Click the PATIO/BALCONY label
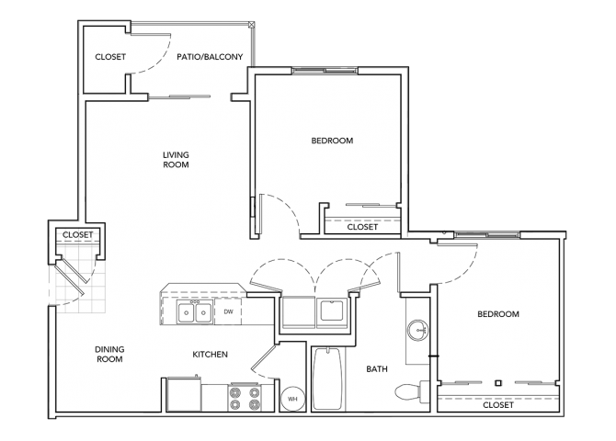click(210, 57)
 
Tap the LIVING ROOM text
click(176, 160)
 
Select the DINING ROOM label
click(109, 354)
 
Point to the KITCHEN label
click(210, 354)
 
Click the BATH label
click(377, 368)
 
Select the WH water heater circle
click(291, 399)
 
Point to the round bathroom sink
click(416, 329)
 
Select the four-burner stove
click(245, 397)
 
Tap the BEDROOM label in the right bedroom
click(497, 314)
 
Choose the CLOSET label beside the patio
click(110, 57)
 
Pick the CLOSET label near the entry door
click(77, 235)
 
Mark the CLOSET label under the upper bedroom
click(362, 227)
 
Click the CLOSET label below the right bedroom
click(497, 404)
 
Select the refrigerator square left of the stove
click(184, 396)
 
